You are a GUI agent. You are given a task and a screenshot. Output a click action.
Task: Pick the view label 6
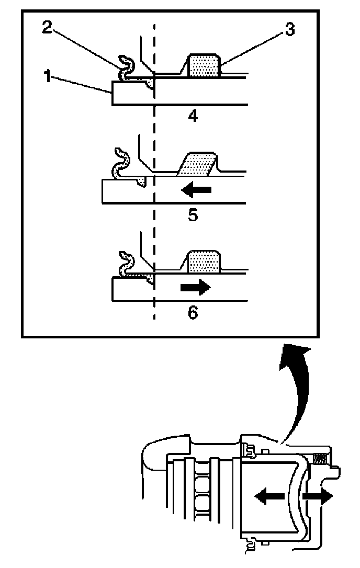pos(193,313)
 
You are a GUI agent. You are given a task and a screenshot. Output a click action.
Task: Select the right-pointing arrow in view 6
pos(195,287)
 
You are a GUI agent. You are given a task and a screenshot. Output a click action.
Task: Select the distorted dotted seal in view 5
pos(198,163)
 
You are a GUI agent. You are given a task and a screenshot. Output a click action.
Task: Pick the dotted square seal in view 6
pos(204,261)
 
